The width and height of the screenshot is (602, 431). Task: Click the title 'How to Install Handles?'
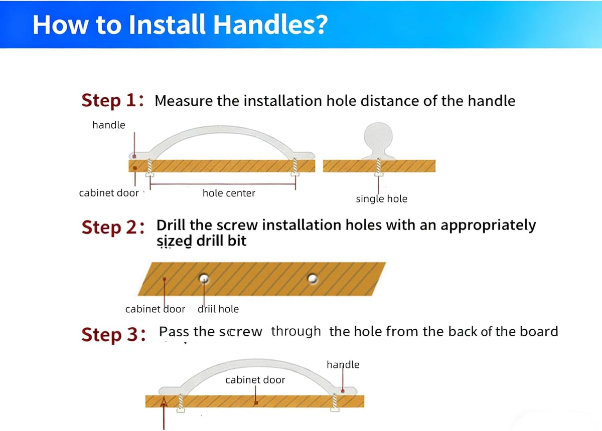click(x=180, y=25)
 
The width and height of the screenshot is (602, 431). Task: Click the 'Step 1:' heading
click(x=112, y=101)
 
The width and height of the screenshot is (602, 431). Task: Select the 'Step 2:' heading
click(x=113, y=228)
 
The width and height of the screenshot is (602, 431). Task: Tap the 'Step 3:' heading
click(x=113, y=335)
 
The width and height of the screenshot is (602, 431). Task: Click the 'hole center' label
click(x=229, y=193)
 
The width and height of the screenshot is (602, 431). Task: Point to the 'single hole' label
click(x=381, y=199)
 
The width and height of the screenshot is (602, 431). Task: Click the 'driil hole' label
click(x=218, y=309)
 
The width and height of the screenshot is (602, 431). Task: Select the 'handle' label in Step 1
click(x=108, y=125)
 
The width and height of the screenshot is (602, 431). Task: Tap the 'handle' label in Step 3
click(x=343, y=365)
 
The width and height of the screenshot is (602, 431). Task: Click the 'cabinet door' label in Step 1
click(x=109, y=193)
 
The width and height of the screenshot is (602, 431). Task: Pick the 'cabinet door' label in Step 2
click(x=155, y=309)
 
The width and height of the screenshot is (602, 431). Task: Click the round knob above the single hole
click(x=378, y=137)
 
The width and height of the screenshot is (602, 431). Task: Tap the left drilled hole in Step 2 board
click(x=204, y=278)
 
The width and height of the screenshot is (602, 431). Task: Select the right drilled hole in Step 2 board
click(x=312, y=279)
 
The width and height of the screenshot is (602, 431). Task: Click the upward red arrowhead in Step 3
click(x=164, y=402)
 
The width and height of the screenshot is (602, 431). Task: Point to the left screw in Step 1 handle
click(x=149, y=167)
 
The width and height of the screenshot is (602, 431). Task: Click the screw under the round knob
click(x=378, y=167)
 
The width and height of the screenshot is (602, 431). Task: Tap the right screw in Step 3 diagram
click(x=335, y=402)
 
